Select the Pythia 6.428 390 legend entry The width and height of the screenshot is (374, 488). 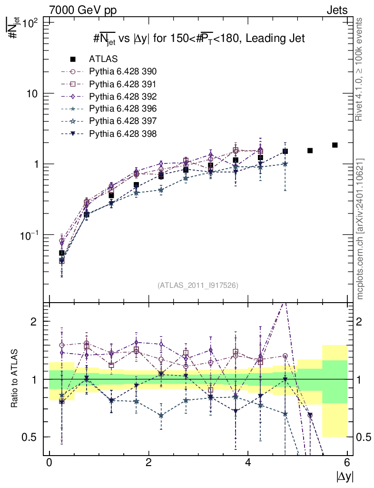point(123,71)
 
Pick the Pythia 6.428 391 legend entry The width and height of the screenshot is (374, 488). point(123,84)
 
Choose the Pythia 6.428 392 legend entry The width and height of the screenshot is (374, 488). point(123,96)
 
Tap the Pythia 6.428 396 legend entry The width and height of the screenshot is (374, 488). point(123,109)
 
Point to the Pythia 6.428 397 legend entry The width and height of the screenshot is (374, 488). point(123,121)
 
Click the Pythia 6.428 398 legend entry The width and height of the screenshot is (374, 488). point(123,133)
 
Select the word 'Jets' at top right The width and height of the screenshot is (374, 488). point(336,10)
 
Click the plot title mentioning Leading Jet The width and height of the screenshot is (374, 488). point(198,39)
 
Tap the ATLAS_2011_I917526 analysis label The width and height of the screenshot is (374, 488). point(198,285)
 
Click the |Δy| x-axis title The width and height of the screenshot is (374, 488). point(344,476)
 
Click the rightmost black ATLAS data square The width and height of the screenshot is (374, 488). point(335,145)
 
